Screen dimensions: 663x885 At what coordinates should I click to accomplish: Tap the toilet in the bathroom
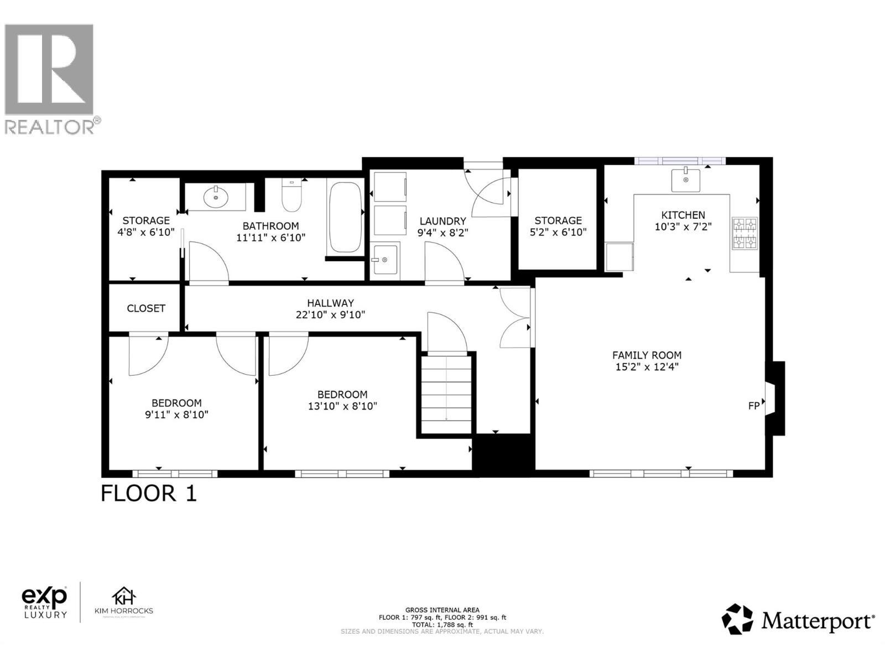point(291,196)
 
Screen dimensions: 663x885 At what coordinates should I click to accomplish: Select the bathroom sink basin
point(216,196)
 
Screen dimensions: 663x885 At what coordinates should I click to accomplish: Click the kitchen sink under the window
point(685,180)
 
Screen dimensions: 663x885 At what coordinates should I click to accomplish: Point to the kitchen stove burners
point(745,233)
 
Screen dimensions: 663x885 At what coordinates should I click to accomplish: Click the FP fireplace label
point(753,406)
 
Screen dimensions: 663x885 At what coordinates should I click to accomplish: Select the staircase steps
point(446,393)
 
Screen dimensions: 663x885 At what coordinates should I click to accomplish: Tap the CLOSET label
point(146,308)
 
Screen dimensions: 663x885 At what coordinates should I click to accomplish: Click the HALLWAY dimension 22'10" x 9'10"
point(330,315)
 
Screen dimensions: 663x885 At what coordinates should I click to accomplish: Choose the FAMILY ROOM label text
point(647,355)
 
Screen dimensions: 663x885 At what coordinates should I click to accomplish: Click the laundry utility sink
point(384,260)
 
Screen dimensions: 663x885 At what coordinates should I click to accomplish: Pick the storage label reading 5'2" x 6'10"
point(558,233)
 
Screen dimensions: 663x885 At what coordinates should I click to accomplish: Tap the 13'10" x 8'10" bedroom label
point(342,406)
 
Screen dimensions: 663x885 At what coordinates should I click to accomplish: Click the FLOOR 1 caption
point(148,493)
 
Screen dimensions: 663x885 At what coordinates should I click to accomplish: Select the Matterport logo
point(798,620)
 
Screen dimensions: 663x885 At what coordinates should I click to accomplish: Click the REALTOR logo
point(50,77)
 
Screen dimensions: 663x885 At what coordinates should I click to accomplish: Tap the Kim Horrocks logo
point(124,603)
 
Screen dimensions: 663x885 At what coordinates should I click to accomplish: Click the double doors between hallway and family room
point(516,318)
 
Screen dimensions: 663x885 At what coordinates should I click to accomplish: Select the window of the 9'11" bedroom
point(175,473)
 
